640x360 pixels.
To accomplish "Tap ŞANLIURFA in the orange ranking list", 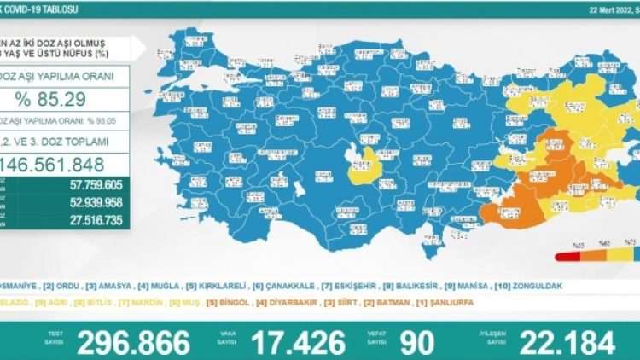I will click(447, 302).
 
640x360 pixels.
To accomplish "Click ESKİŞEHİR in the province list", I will click(350, 287).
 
